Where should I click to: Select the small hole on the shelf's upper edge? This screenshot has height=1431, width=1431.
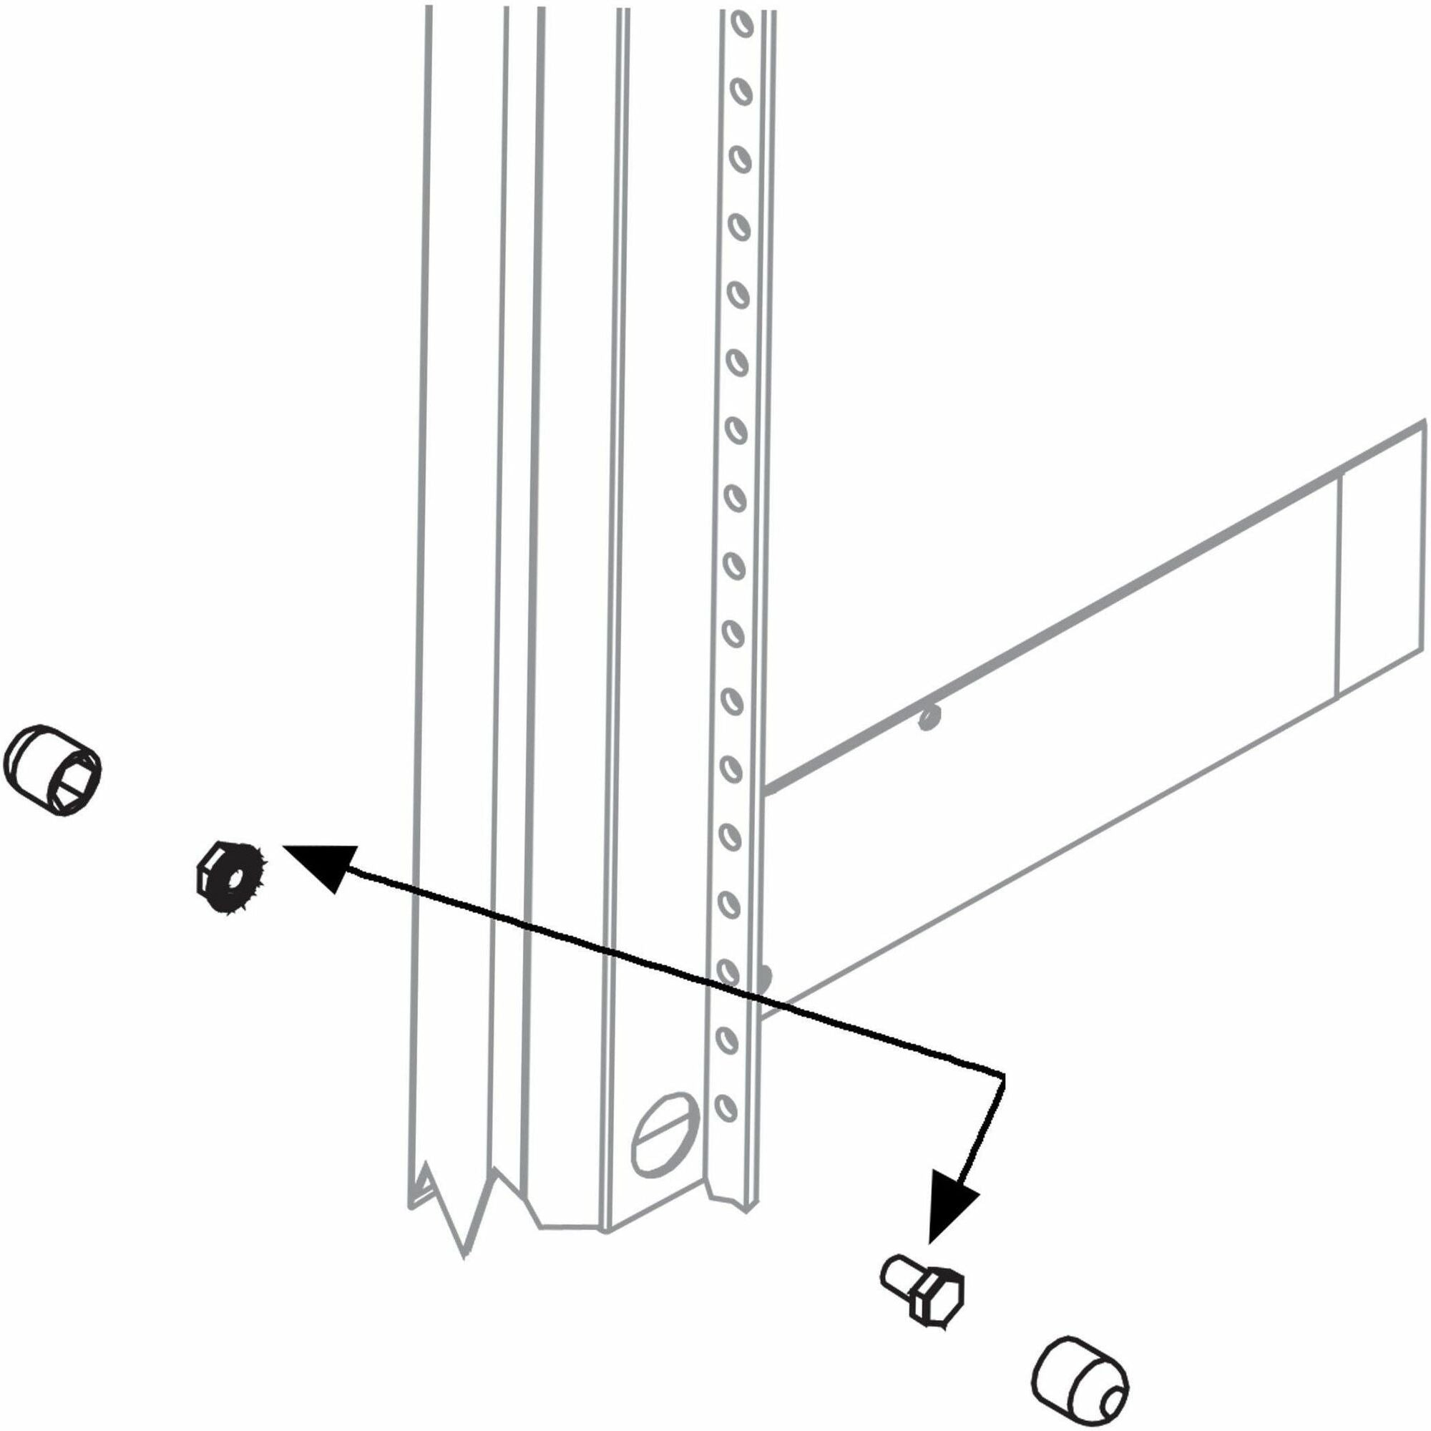927,716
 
